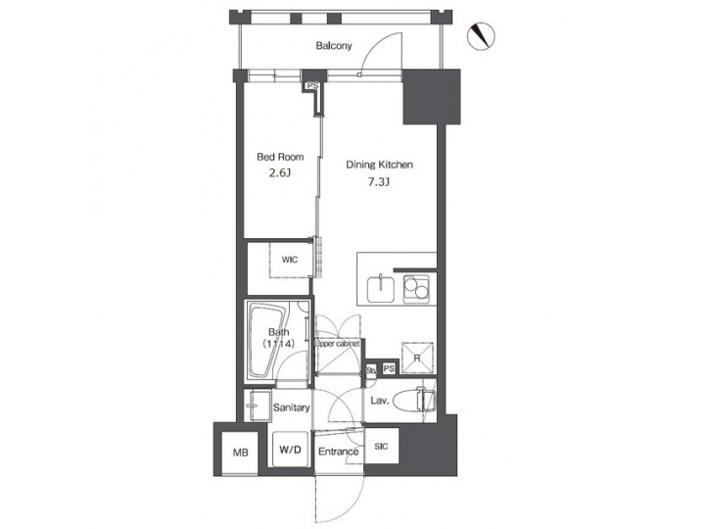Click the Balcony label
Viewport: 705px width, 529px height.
334,46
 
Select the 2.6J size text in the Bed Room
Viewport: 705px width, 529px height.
280,175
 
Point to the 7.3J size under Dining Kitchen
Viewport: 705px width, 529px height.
379,183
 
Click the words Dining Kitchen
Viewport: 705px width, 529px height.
380,165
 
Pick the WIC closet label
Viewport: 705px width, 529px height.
290,260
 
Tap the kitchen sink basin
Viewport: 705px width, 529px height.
380,289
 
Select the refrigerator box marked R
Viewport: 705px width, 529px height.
417,359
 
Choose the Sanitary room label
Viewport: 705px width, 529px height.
292,408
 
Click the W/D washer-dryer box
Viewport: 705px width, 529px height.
291,451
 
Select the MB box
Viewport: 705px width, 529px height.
240,452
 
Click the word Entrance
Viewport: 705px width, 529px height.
338,452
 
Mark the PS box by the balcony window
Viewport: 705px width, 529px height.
312,86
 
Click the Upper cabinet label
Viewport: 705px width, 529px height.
338,345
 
